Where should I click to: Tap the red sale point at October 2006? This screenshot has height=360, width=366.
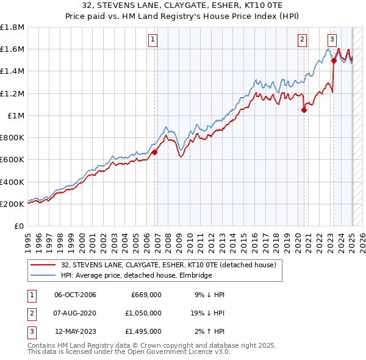tap(155, 153)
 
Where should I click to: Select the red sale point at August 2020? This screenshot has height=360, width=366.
tap(304, 110)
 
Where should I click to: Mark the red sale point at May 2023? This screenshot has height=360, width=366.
tap(334, 61)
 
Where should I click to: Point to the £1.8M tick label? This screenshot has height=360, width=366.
tap(12, 27)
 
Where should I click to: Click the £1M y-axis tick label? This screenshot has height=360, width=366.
tap(16, 116)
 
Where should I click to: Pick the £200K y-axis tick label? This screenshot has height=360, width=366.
tap(12, 204)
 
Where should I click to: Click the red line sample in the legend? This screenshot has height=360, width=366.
tap(44, 265)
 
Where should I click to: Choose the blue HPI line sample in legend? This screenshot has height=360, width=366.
tap(44, 276)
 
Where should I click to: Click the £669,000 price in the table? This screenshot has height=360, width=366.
tap(146, 295)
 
